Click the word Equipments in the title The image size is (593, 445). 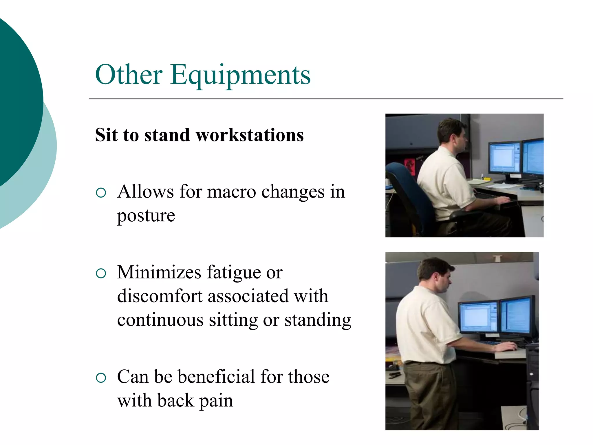click(x=240, y=75)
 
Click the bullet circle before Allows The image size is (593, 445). click(x=101, y=193)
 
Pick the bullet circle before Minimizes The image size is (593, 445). click(x=101, y=273)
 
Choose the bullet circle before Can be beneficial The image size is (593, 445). click(x=101, y=377)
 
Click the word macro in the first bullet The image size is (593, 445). click(x=232, y=192)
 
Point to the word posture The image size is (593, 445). click(x=146, y=216)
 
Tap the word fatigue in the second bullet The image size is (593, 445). click(x=234, y=273)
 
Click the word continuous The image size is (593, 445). click(x=160, y=320)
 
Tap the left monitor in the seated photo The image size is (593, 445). click(x=504, y=158)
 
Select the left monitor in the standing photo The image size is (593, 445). click(x=478, y=317)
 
